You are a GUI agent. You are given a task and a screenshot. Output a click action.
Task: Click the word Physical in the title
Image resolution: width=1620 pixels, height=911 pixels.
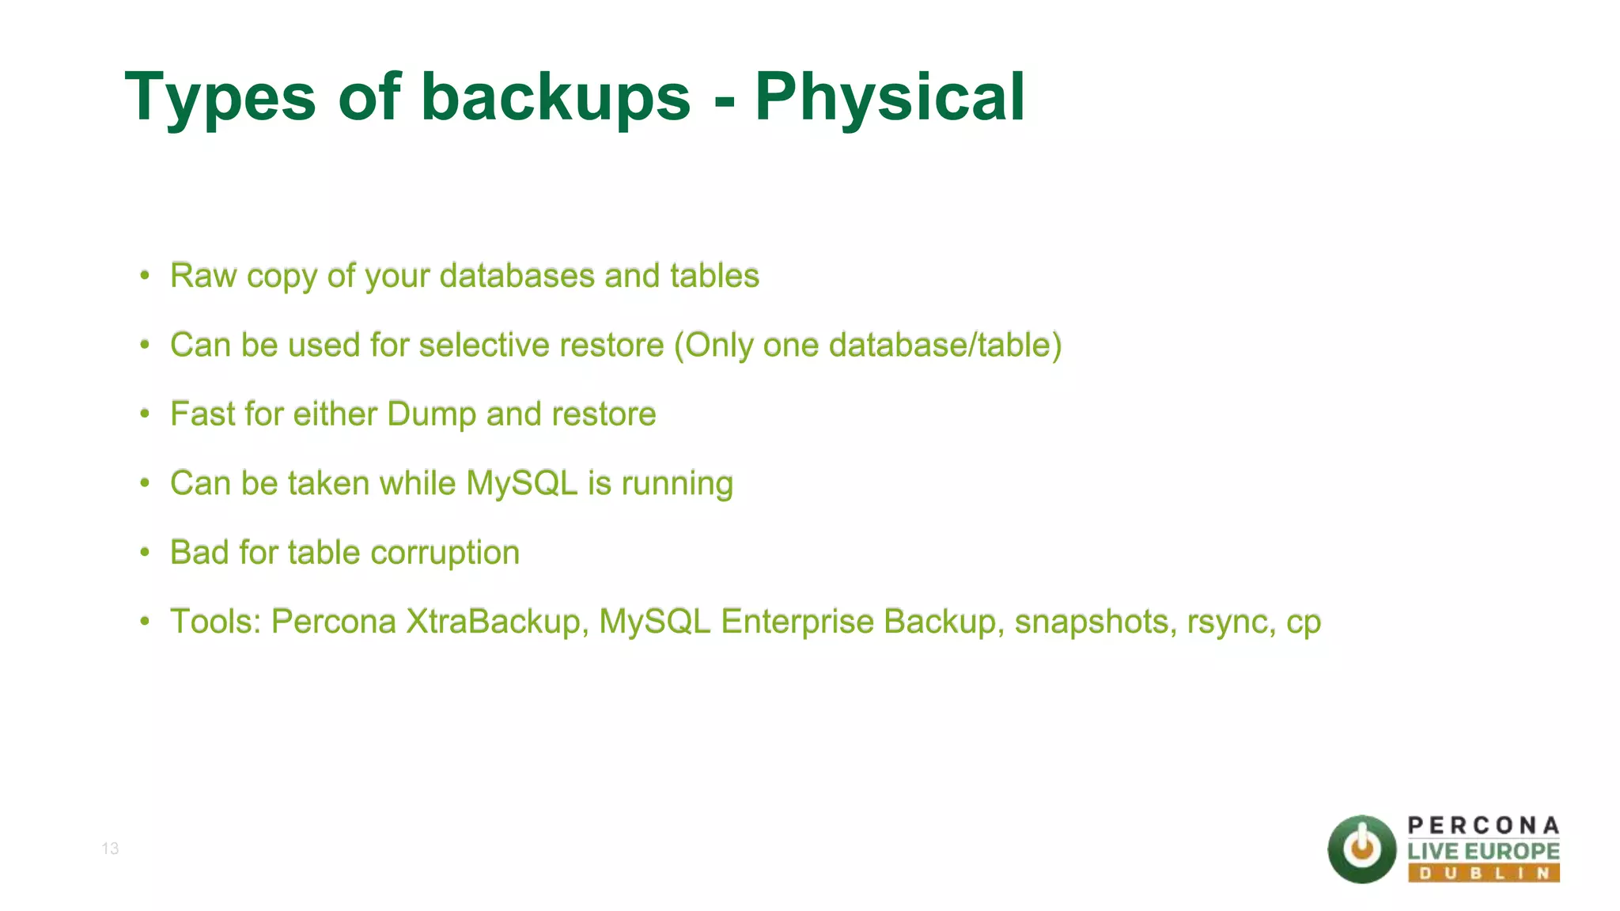pos(889,97)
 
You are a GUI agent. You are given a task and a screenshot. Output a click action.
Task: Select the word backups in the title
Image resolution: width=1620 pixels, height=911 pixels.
pos(556,97)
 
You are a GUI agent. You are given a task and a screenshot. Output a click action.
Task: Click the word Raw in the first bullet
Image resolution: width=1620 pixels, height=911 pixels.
pos(203,276)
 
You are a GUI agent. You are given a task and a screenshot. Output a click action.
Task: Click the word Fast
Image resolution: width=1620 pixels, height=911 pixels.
pos(202,414)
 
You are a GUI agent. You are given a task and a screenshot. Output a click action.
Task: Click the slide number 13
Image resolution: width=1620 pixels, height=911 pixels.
pos(110,849)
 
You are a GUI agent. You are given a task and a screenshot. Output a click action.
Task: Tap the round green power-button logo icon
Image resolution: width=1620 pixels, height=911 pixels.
pos(1361,849)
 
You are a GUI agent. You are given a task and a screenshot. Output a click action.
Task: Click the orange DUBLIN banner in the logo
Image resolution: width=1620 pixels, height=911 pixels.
pos(1483,873)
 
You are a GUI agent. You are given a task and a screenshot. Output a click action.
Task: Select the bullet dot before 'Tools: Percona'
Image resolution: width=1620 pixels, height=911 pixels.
pos(145,622)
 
